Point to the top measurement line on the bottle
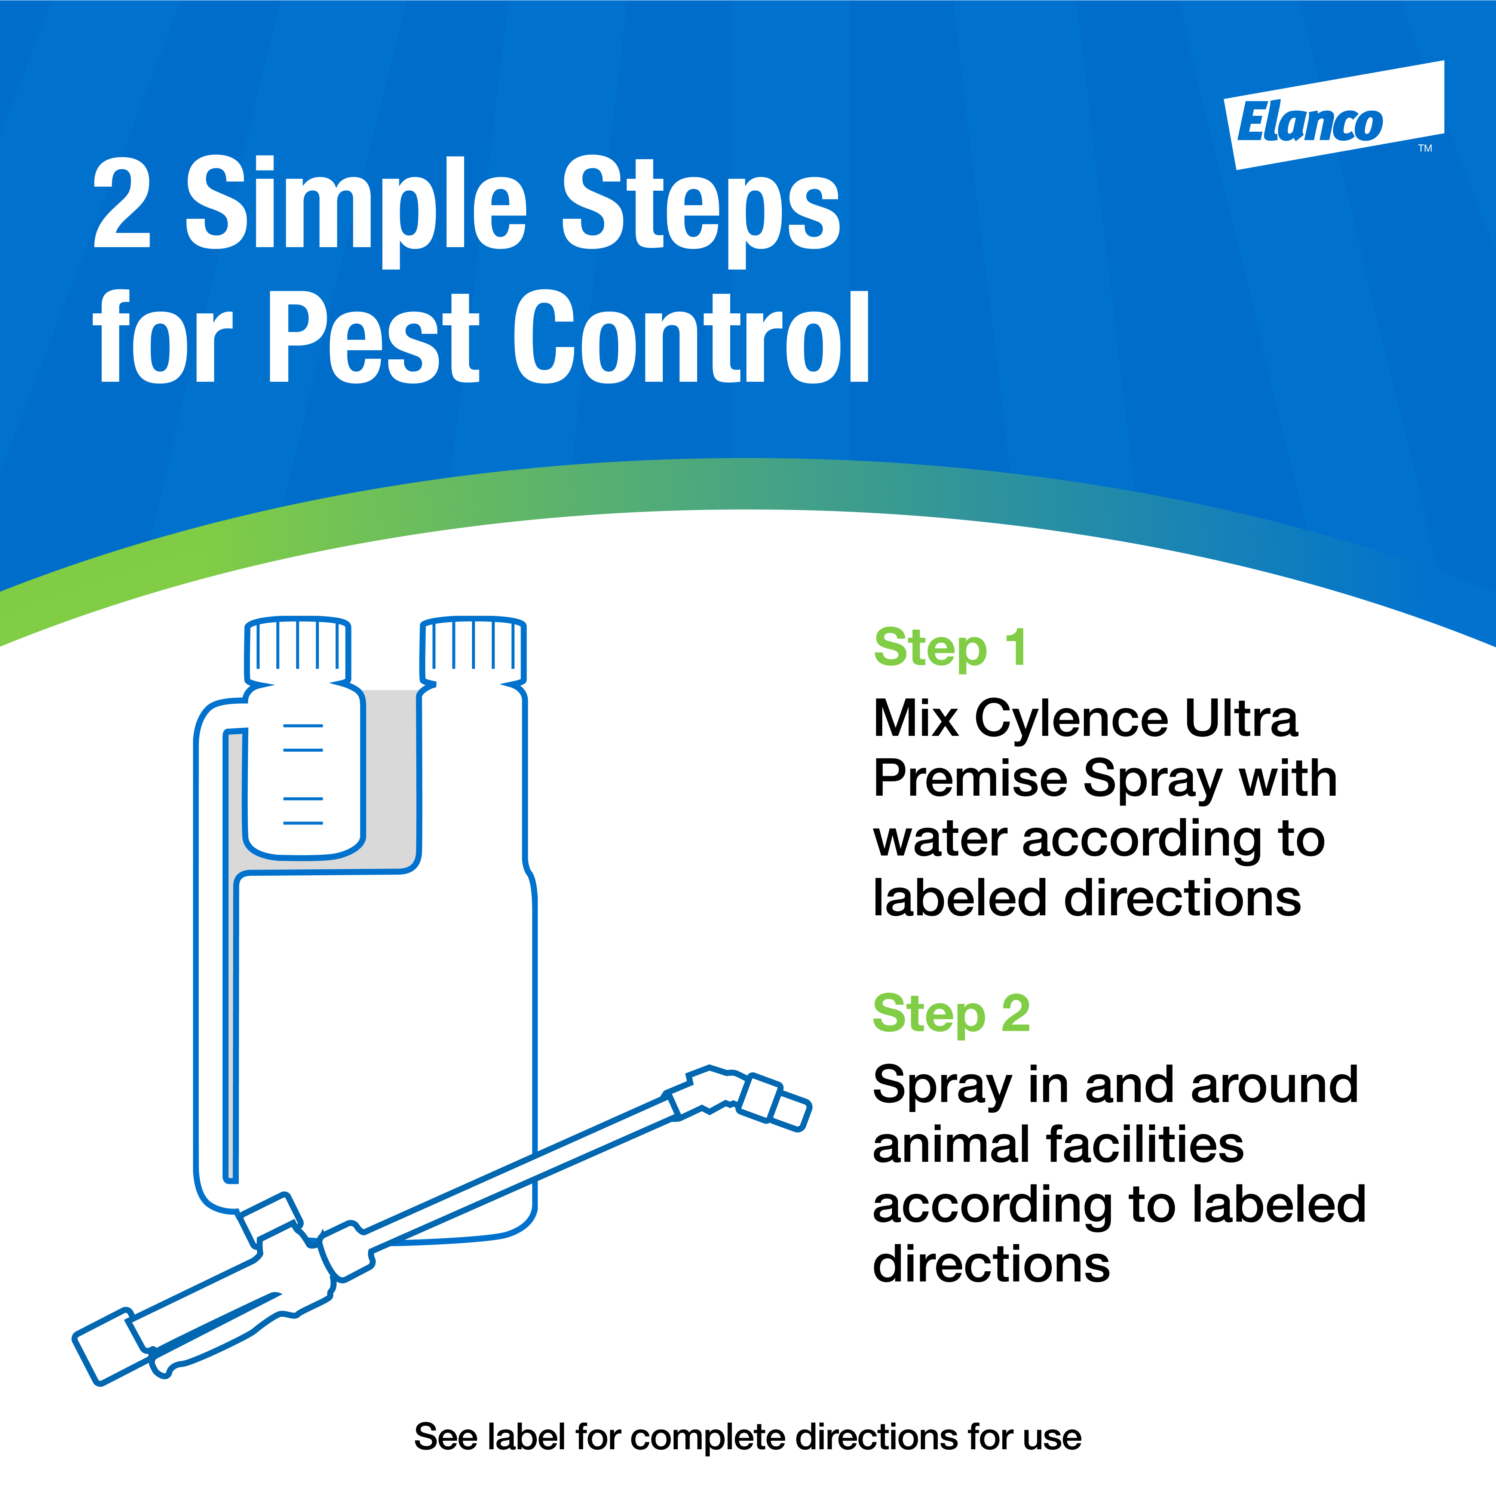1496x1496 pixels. (303, 725)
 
